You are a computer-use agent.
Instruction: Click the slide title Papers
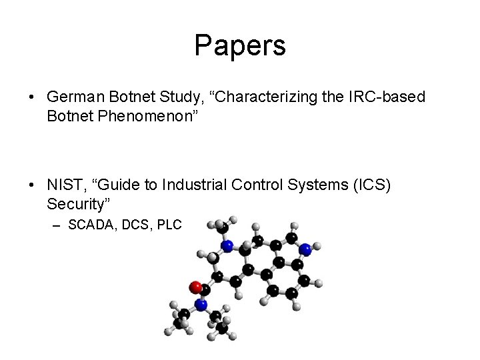[x=240, y=45]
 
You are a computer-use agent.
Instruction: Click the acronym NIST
[x=65, y=185]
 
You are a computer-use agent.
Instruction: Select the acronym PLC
[x=169, y=225]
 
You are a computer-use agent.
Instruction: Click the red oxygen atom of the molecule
[x=196, y=287]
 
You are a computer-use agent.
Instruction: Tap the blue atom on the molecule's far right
[x=305, y=249]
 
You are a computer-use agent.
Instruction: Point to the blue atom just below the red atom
[x=201, y=305]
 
